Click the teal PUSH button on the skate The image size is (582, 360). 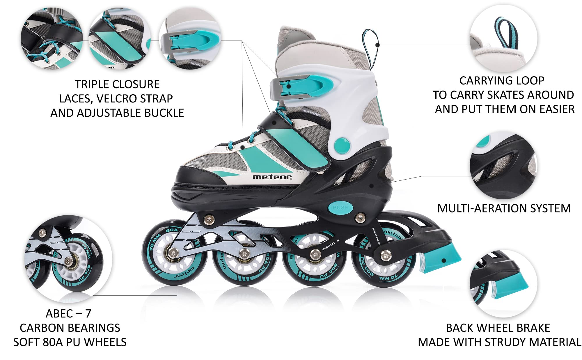coord(340,208)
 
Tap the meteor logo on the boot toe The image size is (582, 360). coord(272,177)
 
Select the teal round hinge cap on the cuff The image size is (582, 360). coord(342,145)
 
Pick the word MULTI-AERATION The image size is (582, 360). coord(478,208)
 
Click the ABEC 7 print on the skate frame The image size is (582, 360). coord(331,245)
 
